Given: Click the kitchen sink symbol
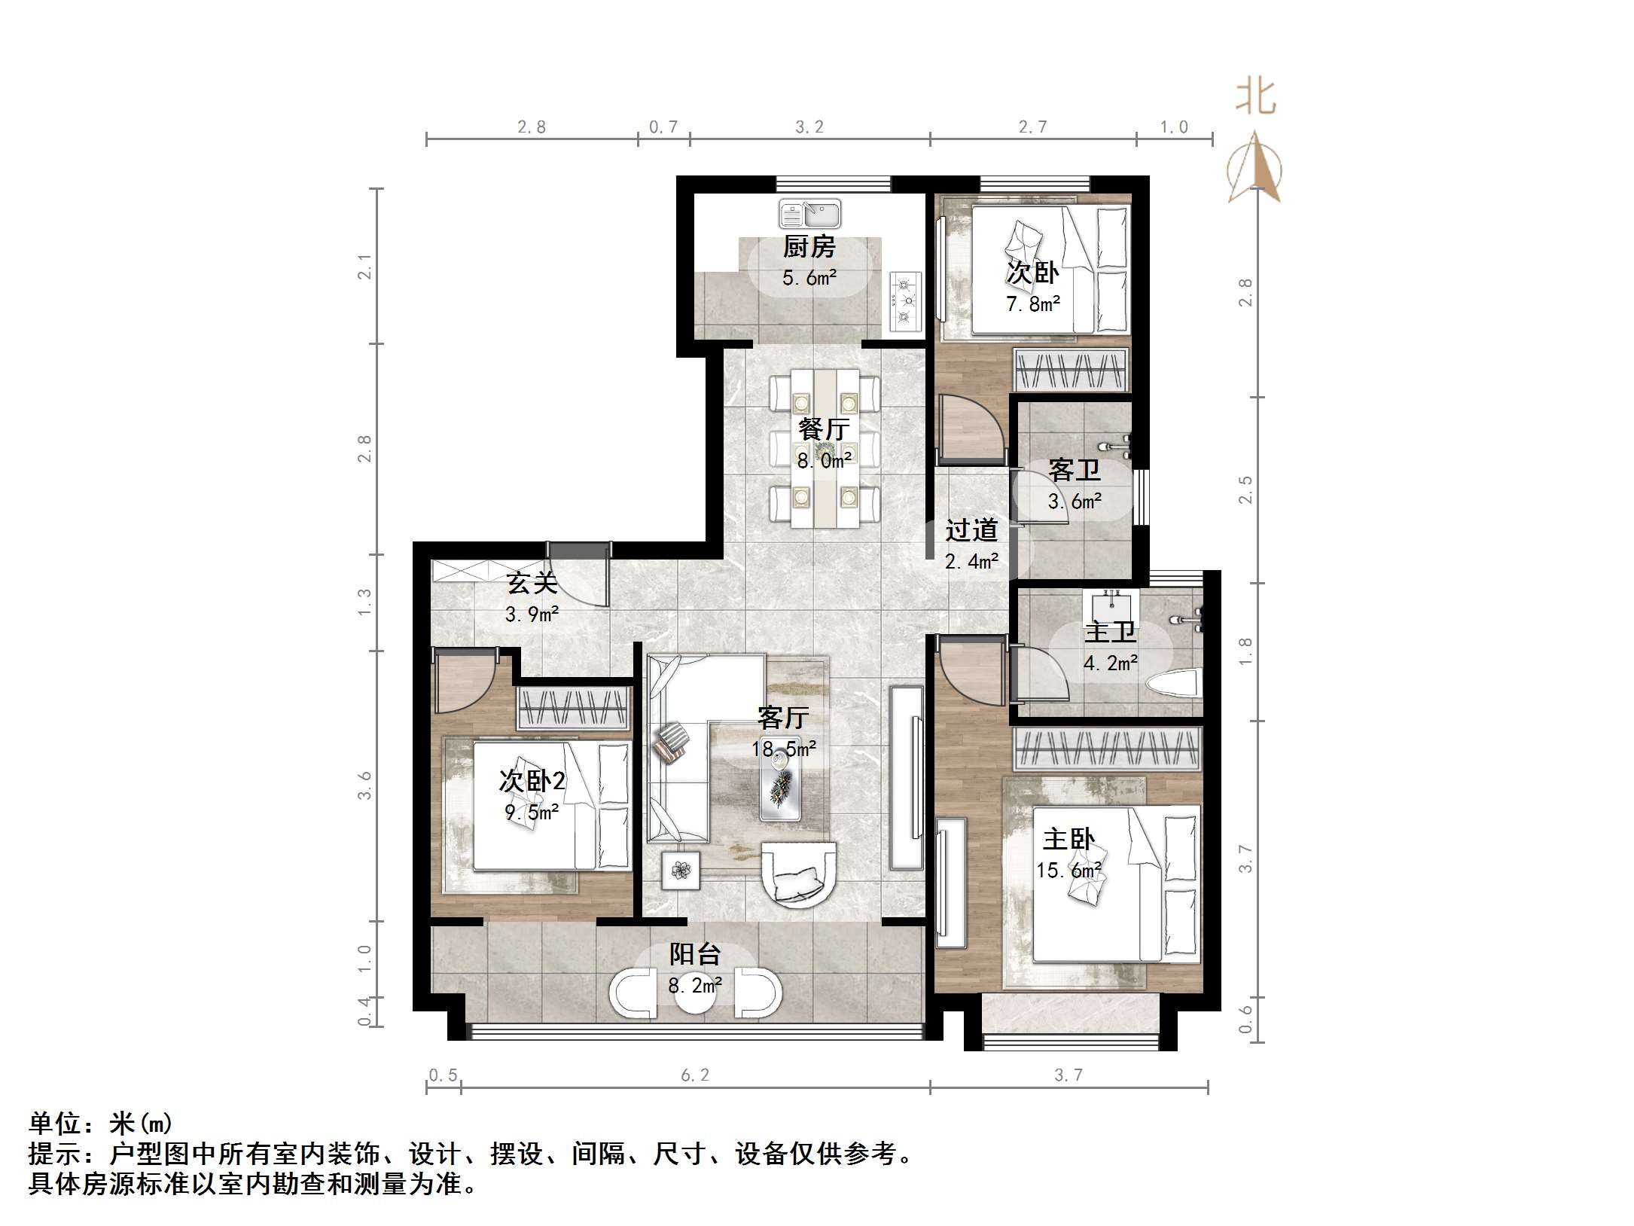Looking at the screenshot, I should pos(809,214).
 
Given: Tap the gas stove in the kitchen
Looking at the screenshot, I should pos(906,301).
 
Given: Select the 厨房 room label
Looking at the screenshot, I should pos(809,246).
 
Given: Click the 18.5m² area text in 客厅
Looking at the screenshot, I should pos(783,749).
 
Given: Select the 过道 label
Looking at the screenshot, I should pos(971,530).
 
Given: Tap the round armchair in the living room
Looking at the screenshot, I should pos(798,874).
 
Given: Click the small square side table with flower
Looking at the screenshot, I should pos(681,871).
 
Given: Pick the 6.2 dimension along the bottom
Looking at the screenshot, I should pos(694,1075).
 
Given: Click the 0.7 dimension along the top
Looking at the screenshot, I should pos(663,127).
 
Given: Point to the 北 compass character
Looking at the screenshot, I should pos(1255,98).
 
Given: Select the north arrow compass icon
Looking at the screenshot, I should pos(1254,167).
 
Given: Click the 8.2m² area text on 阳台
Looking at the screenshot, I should pos(695,984).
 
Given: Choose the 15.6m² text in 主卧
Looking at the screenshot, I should pos(1069,871).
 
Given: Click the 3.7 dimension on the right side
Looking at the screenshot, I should pos(1245,859).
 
